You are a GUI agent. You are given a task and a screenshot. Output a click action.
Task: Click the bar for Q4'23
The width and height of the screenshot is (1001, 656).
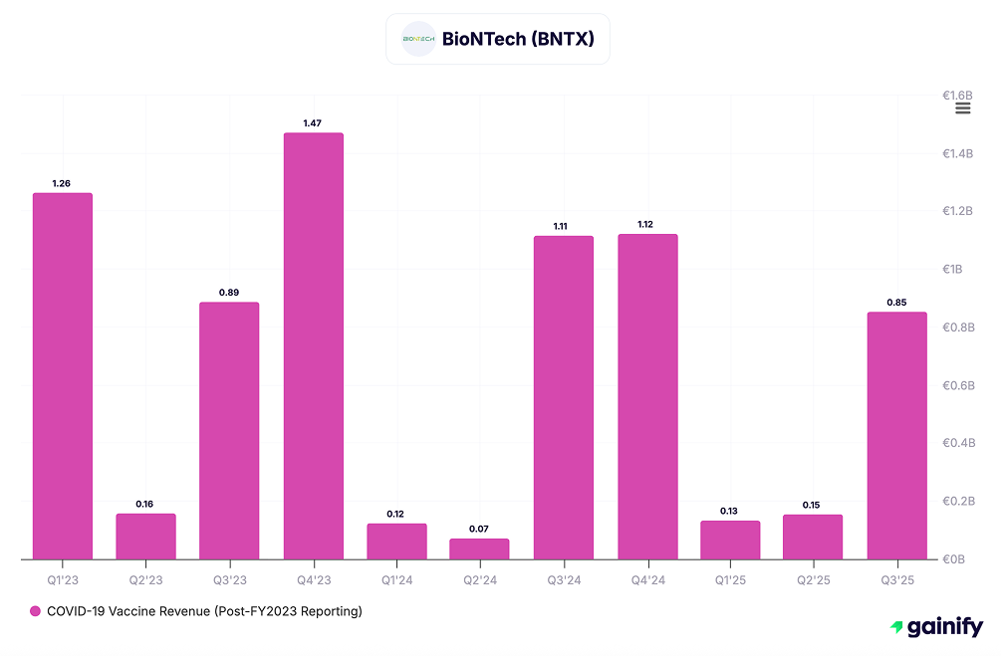(x=313, y=346)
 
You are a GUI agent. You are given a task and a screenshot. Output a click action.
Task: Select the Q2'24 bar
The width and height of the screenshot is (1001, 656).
(x=480, y=548)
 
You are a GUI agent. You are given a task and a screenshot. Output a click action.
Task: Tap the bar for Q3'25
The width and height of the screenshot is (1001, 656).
(x=896, y=436)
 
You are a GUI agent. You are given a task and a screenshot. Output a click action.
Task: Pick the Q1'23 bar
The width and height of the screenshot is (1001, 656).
(x=63, y=376)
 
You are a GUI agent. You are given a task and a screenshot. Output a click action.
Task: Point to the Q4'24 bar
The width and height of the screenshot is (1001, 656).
(x=647, y=397)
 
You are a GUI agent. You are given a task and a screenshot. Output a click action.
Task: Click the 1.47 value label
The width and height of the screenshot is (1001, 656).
(x=313, y=122)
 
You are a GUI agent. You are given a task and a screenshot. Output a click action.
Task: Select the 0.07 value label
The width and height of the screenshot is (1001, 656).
(x=480, y=529)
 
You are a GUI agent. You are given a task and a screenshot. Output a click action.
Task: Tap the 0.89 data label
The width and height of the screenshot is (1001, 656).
(x=229, y=292)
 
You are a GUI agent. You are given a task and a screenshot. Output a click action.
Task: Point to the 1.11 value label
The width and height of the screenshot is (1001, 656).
(x=564, y=226)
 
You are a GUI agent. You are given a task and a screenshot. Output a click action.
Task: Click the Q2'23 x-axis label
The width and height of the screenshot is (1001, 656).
(x=145, y=577)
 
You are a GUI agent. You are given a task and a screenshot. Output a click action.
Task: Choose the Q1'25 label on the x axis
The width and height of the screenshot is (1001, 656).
(x=730, y=577)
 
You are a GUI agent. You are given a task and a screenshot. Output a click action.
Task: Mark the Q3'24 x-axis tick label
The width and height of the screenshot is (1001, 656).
(x=564, y=577)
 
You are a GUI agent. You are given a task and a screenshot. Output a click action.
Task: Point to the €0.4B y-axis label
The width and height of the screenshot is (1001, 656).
(x=957, y=443)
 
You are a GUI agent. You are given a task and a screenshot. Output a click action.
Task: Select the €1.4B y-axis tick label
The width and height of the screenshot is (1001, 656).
(x=957, y=154)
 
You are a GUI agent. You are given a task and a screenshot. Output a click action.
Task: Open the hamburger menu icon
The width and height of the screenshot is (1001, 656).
(x=962, y=109)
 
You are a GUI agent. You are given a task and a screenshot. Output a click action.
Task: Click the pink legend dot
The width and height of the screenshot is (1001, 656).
(x=35, y=611)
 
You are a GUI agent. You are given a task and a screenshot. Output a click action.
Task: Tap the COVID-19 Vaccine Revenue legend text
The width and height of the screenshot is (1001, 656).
(x=204, y=611)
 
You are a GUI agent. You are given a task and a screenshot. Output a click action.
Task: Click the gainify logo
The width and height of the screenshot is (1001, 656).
(x=936, y=627)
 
